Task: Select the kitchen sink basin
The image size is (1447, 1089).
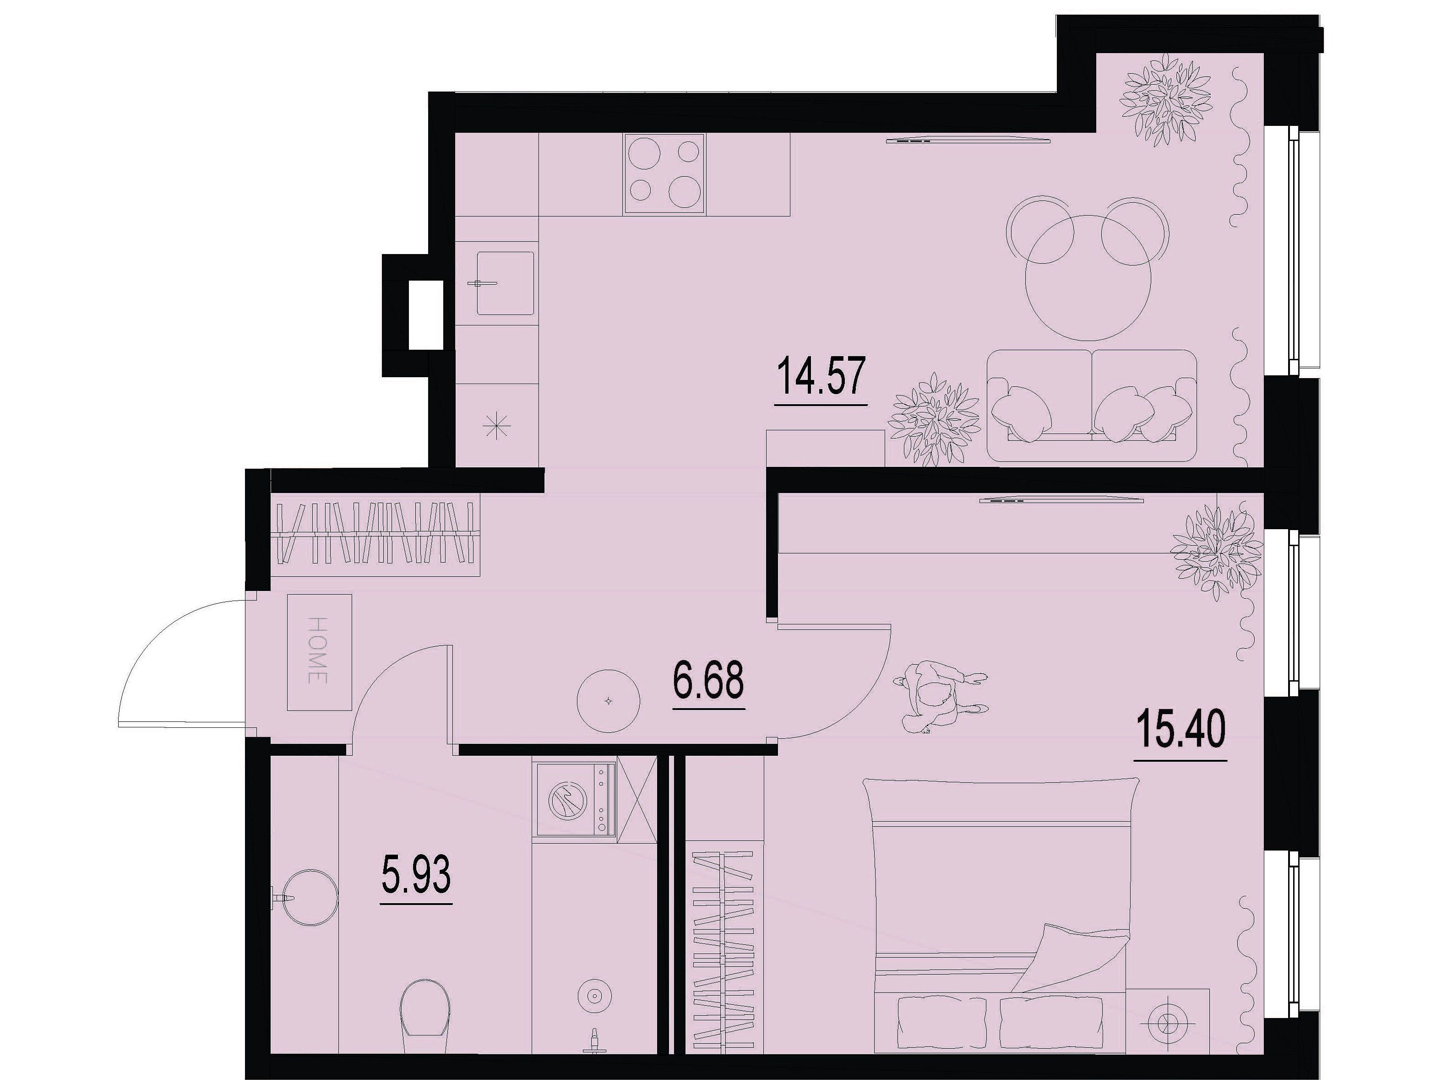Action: pos(505,283)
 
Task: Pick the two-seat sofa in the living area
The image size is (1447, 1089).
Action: pos(1092,406)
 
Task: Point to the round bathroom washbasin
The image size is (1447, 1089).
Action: pos(307,898)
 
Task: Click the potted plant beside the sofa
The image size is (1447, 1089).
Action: pos(934,420)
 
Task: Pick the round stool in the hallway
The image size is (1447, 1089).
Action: pos(609,701)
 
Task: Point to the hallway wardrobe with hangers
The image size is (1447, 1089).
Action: pos(375,534)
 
